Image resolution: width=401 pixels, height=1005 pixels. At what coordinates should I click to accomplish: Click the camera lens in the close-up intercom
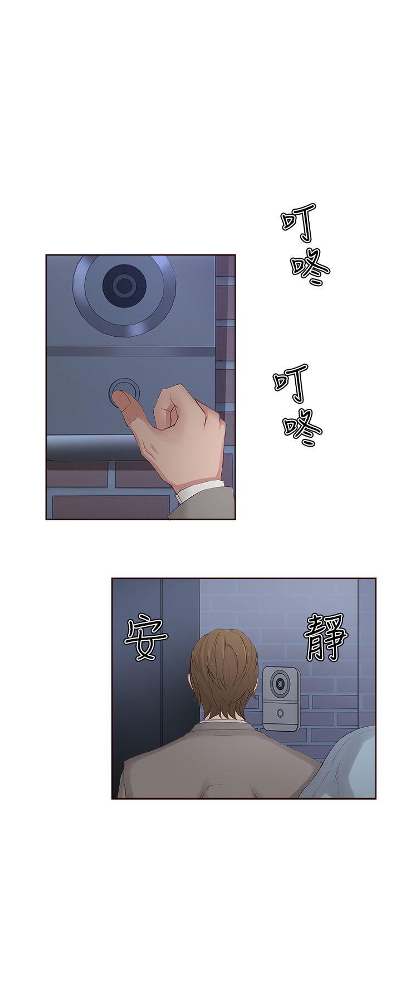(x=123, y=286)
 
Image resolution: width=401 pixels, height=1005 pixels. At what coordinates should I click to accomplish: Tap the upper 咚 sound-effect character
(x=310, y=269)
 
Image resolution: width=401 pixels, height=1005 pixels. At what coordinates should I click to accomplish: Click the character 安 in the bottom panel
(x=146, y=639)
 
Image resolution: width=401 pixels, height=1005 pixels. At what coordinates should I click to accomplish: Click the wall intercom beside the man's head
(x=281, y=698)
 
